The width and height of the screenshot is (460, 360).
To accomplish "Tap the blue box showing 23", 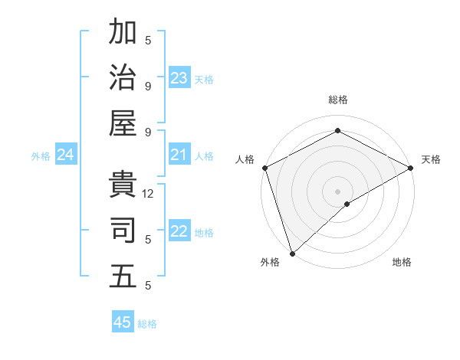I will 179,77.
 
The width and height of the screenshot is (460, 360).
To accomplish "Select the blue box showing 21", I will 179,155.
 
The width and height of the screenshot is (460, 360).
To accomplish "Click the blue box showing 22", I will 179,232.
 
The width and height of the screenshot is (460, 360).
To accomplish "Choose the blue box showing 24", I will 66,155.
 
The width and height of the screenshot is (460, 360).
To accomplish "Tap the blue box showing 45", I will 123,322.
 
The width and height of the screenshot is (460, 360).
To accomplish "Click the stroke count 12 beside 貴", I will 149,194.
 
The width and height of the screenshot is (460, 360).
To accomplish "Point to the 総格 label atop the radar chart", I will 337,100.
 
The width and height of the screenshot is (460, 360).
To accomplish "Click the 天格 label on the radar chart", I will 431,159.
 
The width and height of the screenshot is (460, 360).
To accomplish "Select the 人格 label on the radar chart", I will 245,159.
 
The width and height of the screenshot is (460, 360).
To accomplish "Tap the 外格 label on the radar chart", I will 270,262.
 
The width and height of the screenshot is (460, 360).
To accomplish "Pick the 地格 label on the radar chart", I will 402,262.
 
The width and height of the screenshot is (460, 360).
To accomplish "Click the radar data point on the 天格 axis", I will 411,168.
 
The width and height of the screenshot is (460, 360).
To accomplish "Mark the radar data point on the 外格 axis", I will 291,254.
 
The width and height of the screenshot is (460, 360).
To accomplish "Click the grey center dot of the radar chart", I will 337,191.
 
